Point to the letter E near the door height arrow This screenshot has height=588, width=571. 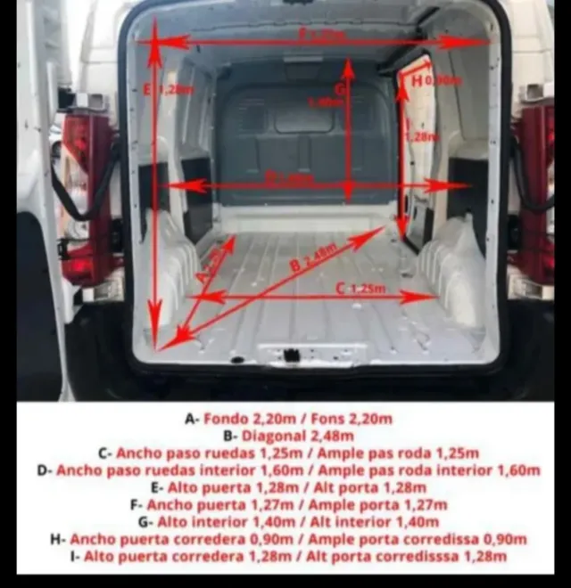click(x=146, y=88)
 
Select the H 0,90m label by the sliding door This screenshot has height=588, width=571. click(x=435, y=81)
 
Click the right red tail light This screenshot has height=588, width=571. click(x=535, y=192)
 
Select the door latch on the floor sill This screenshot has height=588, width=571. click(x=292, y=355)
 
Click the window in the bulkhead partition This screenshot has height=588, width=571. click(x=303, y=116)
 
